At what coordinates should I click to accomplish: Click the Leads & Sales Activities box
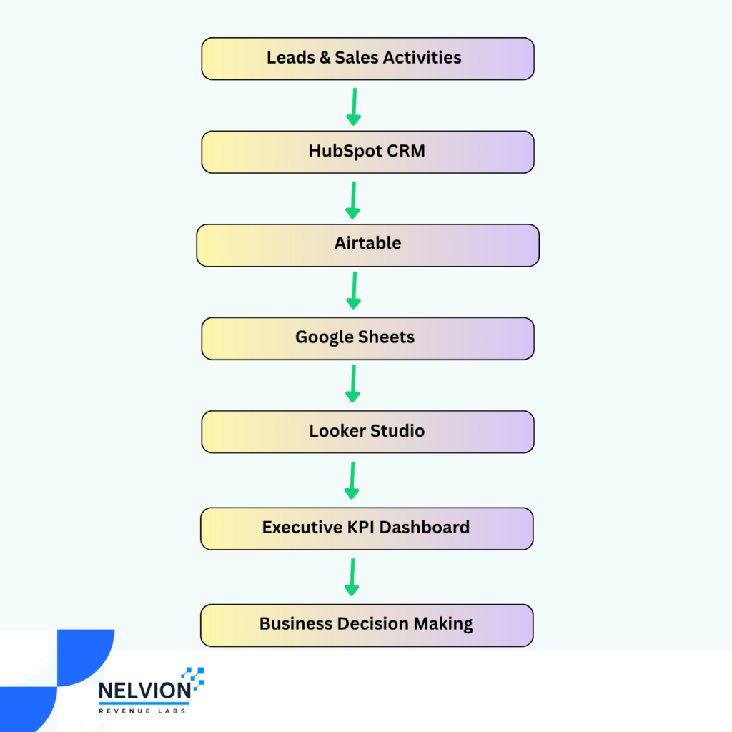coord(368,59)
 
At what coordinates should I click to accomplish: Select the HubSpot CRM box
coord(368,152)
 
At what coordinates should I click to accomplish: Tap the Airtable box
coord(368,246)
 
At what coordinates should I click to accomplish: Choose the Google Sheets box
coord(368,339)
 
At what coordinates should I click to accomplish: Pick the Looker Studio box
coord(368,432)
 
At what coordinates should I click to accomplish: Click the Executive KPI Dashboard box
coord(367,529)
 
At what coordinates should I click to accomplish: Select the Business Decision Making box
coord(367,625)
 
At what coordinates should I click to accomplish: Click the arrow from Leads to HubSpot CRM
coord(354,107)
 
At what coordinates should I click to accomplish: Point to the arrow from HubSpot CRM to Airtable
coord(353,200)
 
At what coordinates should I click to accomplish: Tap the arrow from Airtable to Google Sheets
coord(354,291)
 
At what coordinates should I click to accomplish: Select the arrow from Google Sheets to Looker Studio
coord(353,384)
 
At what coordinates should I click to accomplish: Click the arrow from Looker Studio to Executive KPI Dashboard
coord(352,480)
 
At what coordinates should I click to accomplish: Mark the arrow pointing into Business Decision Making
coord(352,577)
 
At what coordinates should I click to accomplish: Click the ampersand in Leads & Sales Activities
coord(325,58)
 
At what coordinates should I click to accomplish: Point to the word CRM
coord(406,151)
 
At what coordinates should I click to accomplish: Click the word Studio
coord(397,430)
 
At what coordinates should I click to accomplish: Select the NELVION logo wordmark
coord(144,691)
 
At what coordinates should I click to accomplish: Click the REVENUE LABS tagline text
coord(142,711)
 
